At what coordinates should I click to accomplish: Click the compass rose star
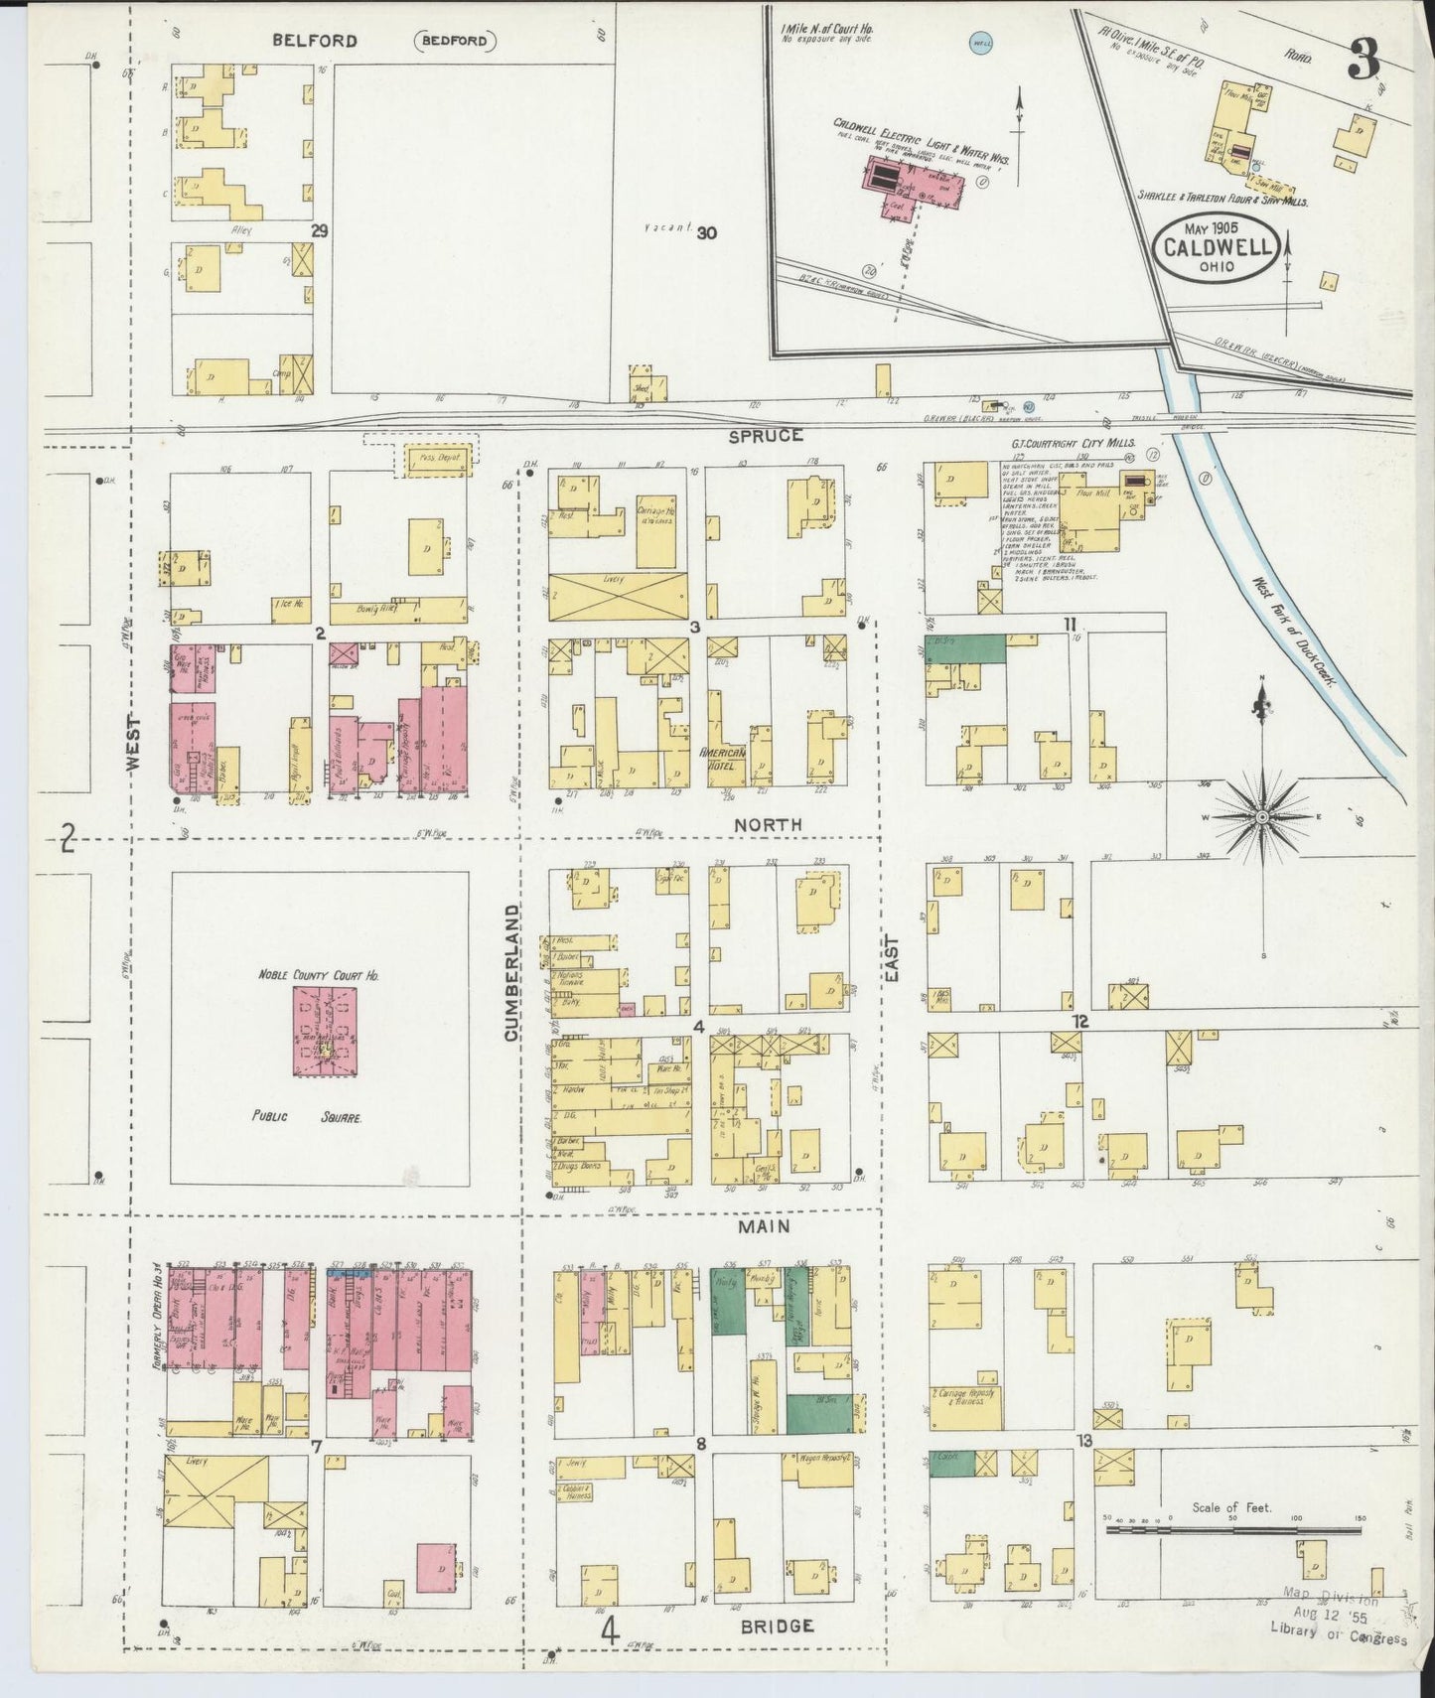coord(1261,816)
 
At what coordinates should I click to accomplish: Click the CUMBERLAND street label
coord(511,973)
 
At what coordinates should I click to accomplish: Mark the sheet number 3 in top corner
coord(1363,64)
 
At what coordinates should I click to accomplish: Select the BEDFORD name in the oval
coord(455,41)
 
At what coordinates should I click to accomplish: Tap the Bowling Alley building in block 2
coord(397,610)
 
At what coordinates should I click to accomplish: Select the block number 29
coord(319,230)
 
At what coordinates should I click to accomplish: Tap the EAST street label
coord(891,959)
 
